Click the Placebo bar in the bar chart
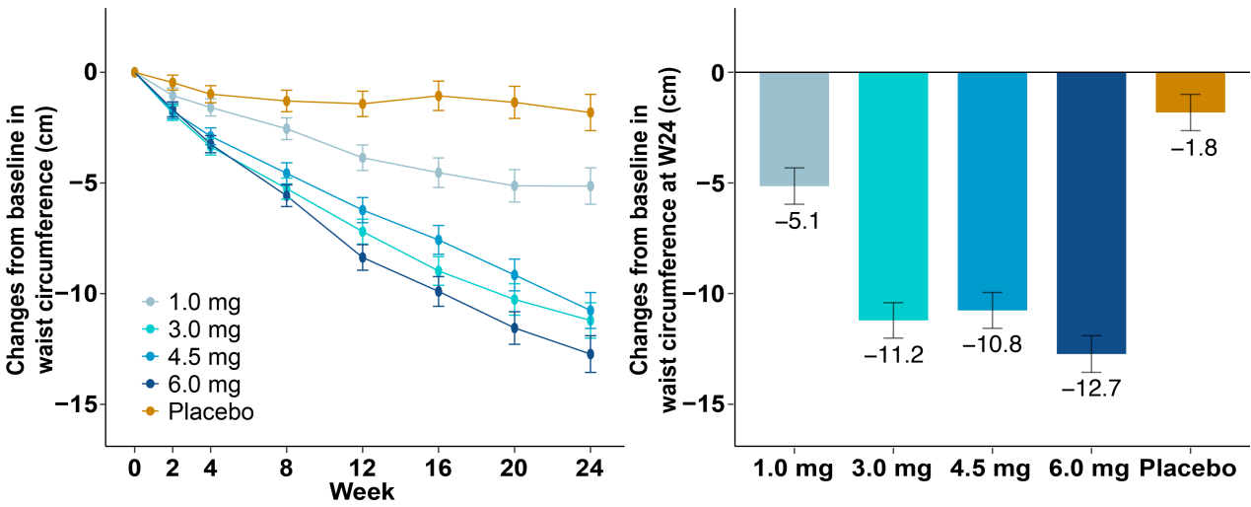tap(1190, 92)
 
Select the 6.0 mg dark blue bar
tap(1091, 212)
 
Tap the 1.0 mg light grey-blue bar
tap(795, 128)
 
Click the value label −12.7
tap(1090, 389)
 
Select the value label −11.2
tap(893, 355)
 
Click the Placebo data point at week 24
tap(591, 112)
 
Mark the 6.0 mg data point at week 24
tap(591, 353)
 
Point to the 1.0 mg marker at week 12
tap(363, 158)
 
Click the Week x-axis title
tap(362, 491)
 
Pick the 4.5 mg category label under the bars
tap(993, 469)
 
